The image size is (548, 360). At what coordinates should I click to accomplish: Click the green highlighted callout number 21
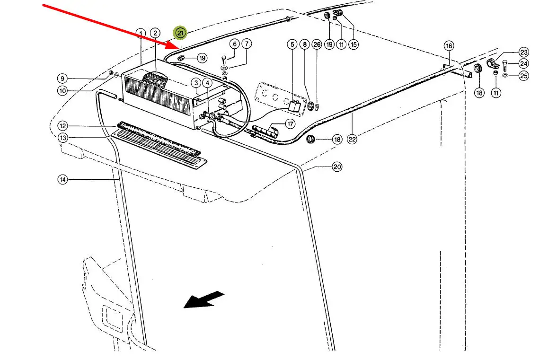[x=180, y=33]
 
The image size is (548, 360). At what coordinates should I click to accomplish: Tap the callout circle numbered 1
[x=140, y=33]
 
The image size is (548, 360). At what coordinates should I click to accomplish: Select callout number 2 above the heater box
[x=155, y=33]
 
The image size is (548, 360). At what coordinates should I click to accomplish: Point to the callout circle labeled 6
[x=234, y=44]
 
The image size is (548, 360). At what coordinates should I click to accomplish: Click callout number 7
[x=246, y=44]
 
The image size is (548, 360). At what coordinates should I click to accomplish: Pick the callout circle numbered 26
[x=317, y=44]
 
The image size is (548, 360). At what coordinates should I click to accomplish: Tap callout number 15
[x=354, y=44]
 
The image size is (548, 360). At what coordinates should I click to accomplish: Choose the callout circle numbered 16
[x=449, y=46]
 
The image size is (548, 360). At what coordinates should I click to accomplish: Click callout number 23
[x=523, y=52]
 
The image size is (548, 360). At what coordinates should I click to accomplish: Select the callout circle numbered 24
[x=523, y=63]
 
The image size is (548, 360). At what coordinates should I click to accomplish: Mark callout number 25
[x=523, y=76]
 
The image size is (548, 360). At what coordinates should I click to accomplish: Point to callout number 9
[x=62, y=78]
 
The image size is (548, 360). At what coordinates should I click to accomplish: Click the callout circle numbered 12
[x=62, y=126]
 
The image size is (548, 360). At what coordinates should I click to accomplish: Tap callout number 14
[x=62, y=179]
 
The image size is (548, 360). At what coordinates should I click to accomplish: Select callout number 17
[x=290, y=124]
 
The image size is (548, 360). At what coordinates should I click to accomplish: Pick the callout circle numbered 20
[x=336, y=167]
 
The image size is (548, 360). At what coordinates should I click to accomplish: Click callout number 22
[x=352, y=139]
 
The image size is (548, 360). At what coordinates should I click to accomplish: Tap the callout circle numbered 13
[x=62, y=138]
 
